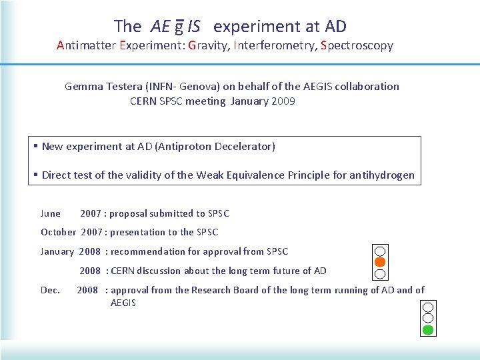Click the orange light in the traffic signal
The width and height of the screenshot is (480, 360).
point(379,262)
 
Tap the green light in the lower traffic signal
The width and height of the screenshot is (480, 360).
point(428,329)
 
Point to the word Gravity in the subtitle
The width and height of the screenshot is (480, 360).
point(209,46)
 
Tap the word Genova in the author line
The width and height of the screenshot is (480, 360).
point(190,86)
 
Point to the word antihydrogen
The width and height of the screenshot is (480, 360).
point(381,175)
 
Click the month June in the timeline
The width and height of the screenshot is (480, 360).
point(51,213)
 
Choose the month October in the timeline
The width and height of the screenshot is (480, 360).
point(58,232)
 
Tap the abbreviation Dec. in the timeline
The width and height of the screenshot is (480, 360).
point(50,290)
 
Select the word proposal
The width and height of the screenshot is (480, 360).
point(131,213)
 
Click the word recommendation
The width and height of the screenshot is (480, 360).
point(152,251)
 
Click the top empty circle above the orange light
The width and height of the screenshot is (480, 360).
point(379,251)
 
